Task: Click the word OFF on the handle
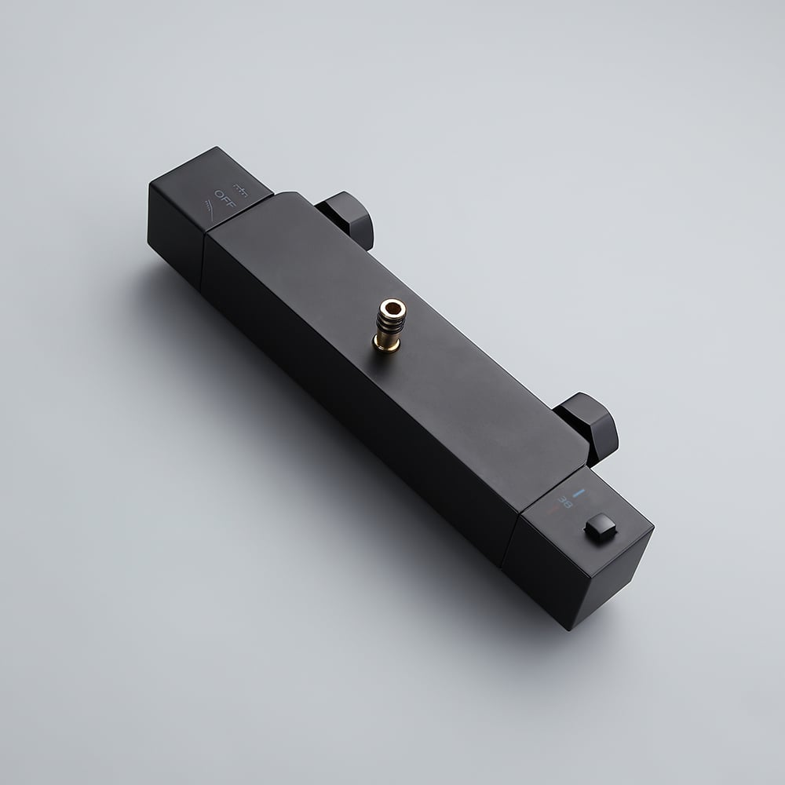coord(224,194)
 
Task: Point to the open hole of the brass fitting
coord(392,306)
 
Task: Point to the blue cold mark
coord(579,494)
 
